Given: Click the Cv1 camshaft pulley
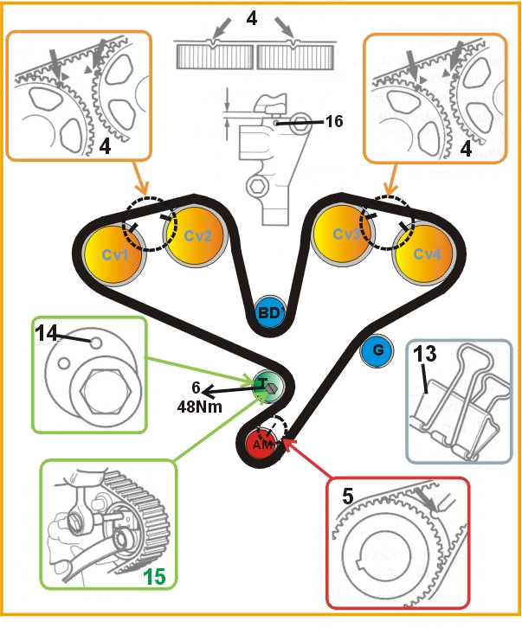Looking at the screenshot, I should pyautogui.click(x=113, y=255).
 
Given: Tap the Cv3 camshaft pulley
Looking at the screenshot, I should pyautogui.click(x=341, y=234).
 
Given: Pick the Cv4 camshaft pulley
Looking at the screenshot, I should pyautogui.click(x=422, y=254).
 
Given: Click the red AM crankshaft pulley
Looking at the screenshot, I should pyautogui.click(x=261, y=443).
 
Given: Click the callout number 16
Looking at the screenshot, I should pyautogui.click(x=333, y=122).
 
